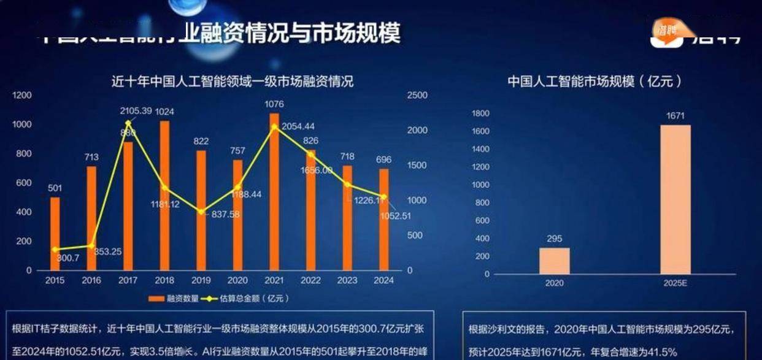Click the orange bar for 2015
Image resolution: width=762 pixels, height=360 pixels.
point(55,233)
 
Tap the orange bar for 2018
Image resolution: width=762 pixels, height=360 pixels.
point(164,195)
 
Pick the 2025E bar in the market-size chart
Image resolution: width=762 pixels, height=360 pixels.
point(675,199)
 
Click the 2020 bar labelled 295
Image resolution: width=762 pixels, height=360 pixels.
point(554,261)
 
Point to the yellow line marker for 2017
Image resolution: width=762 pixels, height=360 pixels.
point(128,123)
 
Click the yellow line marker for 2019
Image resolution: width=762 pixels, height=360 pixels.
point(201,212)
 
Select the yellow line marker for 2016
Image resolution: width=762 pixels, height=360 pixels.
point(91,245)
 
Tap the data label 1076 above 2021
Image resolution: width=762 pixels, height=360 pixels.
point(274,104)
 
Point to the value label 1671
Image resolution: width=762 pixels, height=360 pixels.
point(675,116)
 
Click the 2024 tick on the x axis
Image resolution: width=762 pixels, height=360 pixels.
point(383,280)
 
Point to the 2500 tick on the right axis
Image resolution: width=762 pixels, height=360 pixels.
point(417,96)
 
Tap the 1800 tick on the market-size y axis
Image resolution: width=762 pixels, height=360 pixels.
point(480,113)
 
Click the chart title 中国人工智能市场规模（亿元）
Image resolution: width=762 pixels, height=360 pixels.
point(595,81)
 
